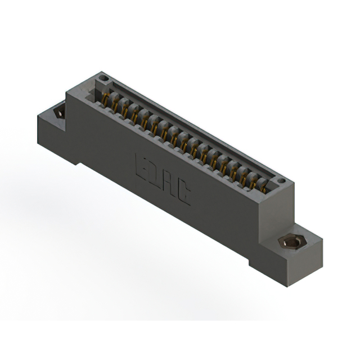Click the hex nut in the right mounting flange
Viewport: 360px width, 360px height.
290,242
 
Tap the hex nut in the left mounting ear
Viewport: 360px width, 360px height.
58,113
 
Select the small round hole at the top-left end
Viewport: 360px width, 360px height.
102,78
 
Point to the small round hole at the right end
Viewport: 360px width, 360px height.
281,181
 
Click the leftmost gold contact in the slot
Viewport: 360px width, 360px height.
105,99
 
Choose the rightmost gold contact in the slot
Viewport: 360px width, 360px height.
263,187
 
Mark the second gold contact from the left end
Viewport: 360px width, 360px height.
115,105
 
